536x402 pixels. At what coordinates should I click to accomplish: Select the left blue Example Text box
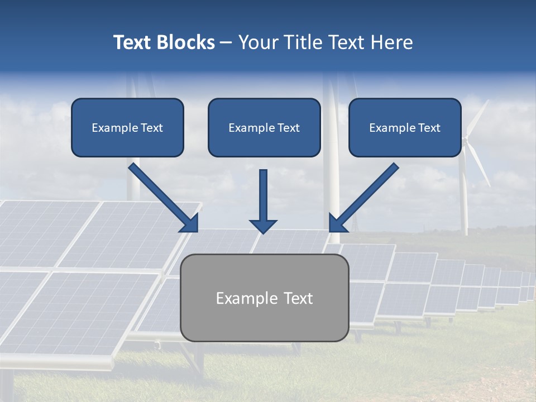coord(127,127)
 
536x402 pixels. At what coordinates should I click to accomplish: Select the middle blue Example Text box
coord(264,127)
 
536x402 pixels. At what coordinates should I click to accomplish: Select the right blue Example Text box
coord(405,127)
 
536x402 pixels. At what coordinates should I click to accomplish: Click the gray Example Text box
coord(264,298)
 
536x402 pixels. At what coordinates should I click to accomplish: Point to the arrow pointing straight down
coord(263,198)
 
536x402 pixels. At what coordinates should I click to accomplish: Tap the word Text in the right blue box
coord(428,128)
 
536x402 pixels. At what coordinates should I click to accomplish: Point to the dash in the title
coord(226,43)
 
